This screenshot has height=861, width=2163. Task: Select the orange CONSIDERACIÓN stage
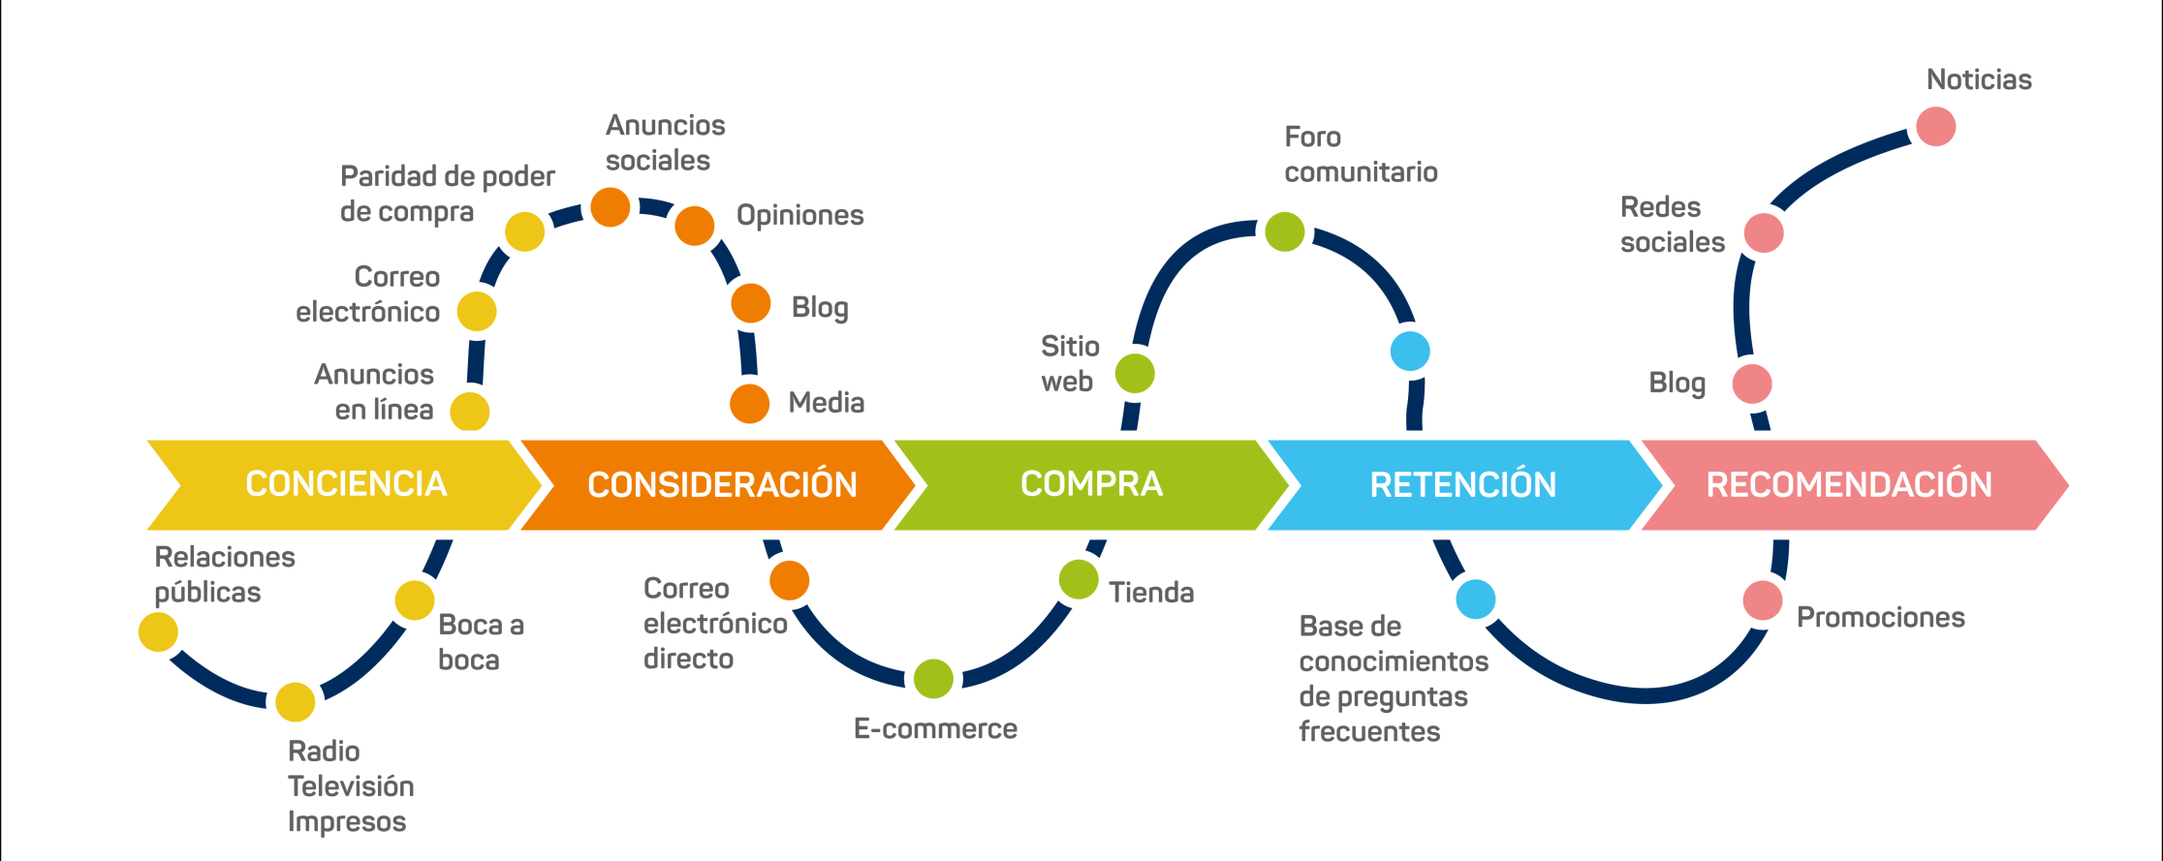point(721,484)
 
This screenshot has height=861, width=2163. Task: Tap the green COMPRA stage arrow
point(1090,484)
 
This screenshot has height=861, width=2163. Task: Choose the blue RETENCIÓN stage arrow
point(1462,484)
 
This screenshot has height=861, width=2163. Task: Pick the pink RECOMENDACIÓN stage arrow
point(1847,484)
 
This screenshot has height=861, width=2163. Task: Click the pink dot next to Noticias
point(1935,127)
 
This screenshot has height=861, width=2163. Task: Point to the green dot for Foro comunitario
point(1284,231)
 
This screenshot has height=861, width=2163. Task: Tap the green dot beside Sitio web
point(1134,374)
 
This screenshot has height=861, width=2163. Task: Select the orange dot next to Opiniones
point(694,226)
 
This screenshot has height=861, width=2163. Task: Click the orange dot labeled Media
point(749,404)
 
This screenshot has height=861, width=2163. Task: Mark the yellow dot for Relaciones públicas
point(158,632)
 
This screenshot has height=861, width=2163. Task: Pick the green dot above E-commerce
point(933,679)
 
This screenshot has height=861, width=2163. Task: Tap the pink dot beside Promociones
point(1762,600)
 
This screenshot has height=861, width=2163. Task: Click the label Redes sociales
point(1672,225)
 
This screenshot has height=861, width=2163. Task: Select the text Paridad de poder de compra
point(446,194)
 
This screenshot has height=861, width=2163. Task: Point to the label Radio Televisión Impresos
point(350,785)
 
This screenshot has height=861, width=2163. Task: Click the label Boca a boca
point(481,642)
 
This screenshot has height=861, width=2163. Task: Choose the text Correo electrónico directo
point(714,623)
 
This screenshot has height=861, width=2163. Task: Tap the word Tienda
point(1150,593)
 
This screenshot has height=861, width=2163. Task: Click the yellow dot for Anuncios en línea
point(470,412)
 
